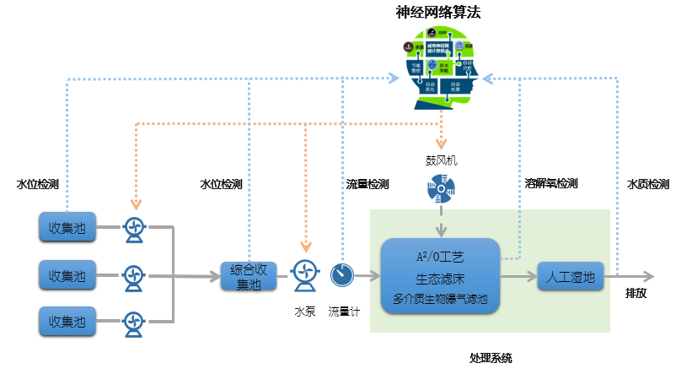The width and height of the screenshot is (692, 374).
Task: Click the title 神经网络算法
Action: pos(438,13)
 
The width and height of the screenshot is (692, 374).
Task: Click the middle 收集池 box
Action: pos(67,274)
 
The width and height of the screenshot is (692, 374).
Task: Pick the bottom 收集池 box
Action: pos(67,322)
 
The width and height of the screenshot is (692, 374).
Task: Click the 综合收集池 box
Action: pos(249,276)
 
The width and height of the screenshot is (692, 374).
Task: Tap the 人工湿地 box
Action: pos(571,276)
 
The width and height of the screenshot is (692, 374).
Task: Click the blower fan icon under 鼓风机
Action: pos(440,189)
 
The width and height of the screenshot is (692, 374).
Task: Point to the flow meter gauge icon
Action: pos(342,274)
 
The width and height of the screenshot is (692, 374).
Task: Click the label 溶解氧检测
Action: pos(551,183)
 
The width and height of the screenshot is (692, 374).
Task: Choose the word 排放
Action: pos(636,295)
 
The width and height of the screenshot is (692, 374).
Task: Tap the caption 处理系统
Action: pos(491,358)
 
